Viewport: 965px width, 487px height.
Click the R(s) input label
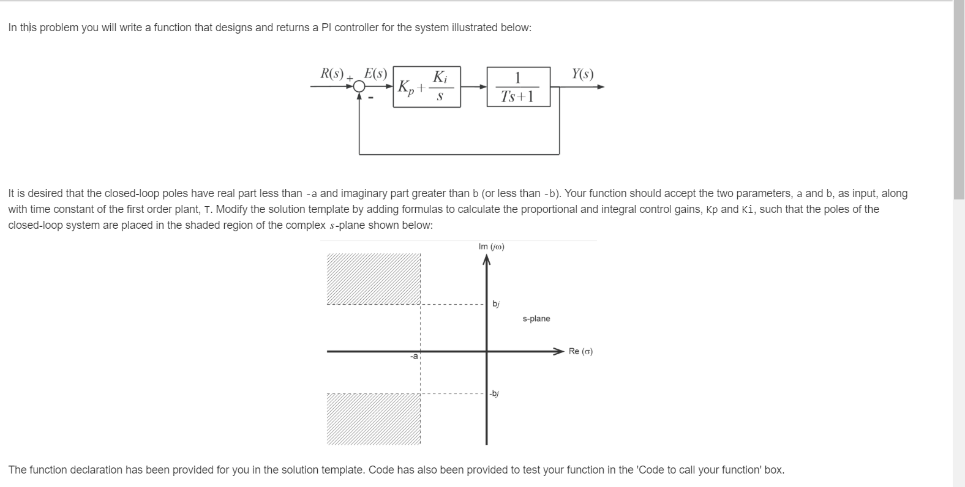coord(332,74)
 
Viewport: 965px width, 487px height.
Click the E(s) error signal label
coord(375,74)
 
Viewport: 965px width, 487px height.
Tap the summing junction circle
coord(359,87)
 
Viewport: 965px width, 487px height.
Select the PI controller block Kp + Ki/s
coord(426,87)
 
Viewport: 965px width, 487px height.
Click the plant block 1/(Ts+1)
coord(518,87)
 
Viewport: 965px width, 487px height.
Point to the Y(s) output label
coord(582,74)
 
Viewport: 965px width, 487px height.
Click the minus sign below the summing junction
coord(370,97)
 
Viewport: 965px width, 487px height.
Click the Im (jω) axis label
coord(491,247)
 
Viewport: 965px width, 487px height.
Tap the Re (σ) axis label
coord(580,351)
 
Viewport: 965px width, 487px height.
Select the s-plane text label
coord(536,319)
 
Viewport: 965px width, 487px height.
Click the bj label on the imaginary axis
coord(496,304)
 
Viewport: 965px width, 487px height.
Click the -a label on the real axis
coord(414,356)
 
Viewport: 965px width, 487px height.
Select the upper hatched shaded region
coord(374,278)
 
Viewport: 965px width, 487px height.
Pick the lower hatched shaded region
coord(374,418)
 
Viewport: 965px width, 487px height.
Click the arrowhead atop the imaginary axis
coord(487,261)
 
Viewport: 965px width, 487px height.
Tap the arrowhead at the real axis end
coord(558,351)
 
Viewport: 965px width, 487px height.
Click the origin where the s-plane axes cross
coord(487,351)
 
